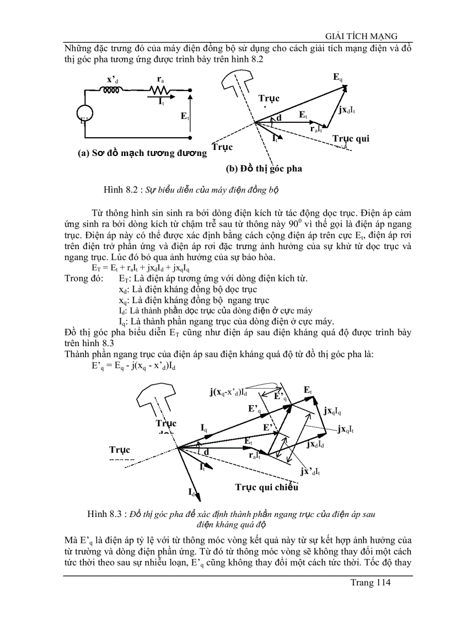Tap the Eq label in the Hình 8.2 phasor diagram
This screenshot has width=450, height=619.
[337, 77]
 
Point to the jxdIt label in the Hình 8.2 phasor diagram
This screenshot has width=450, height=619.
[347, 109]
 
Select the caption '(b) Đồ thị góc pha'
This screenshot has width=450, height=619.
[264, 168]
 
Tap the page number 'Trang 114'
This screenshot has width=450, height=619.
[371, 583]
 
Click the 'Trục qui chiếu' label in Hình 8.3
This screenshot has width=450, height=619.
[267, 487]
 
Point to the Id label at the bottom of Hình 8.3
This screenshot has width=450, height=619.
[191, 491]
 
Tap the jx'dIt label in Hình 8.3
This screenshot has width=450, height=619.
[311, 471]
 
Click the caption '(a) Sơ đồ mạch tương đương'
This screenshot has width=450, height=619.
[142, 153]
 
